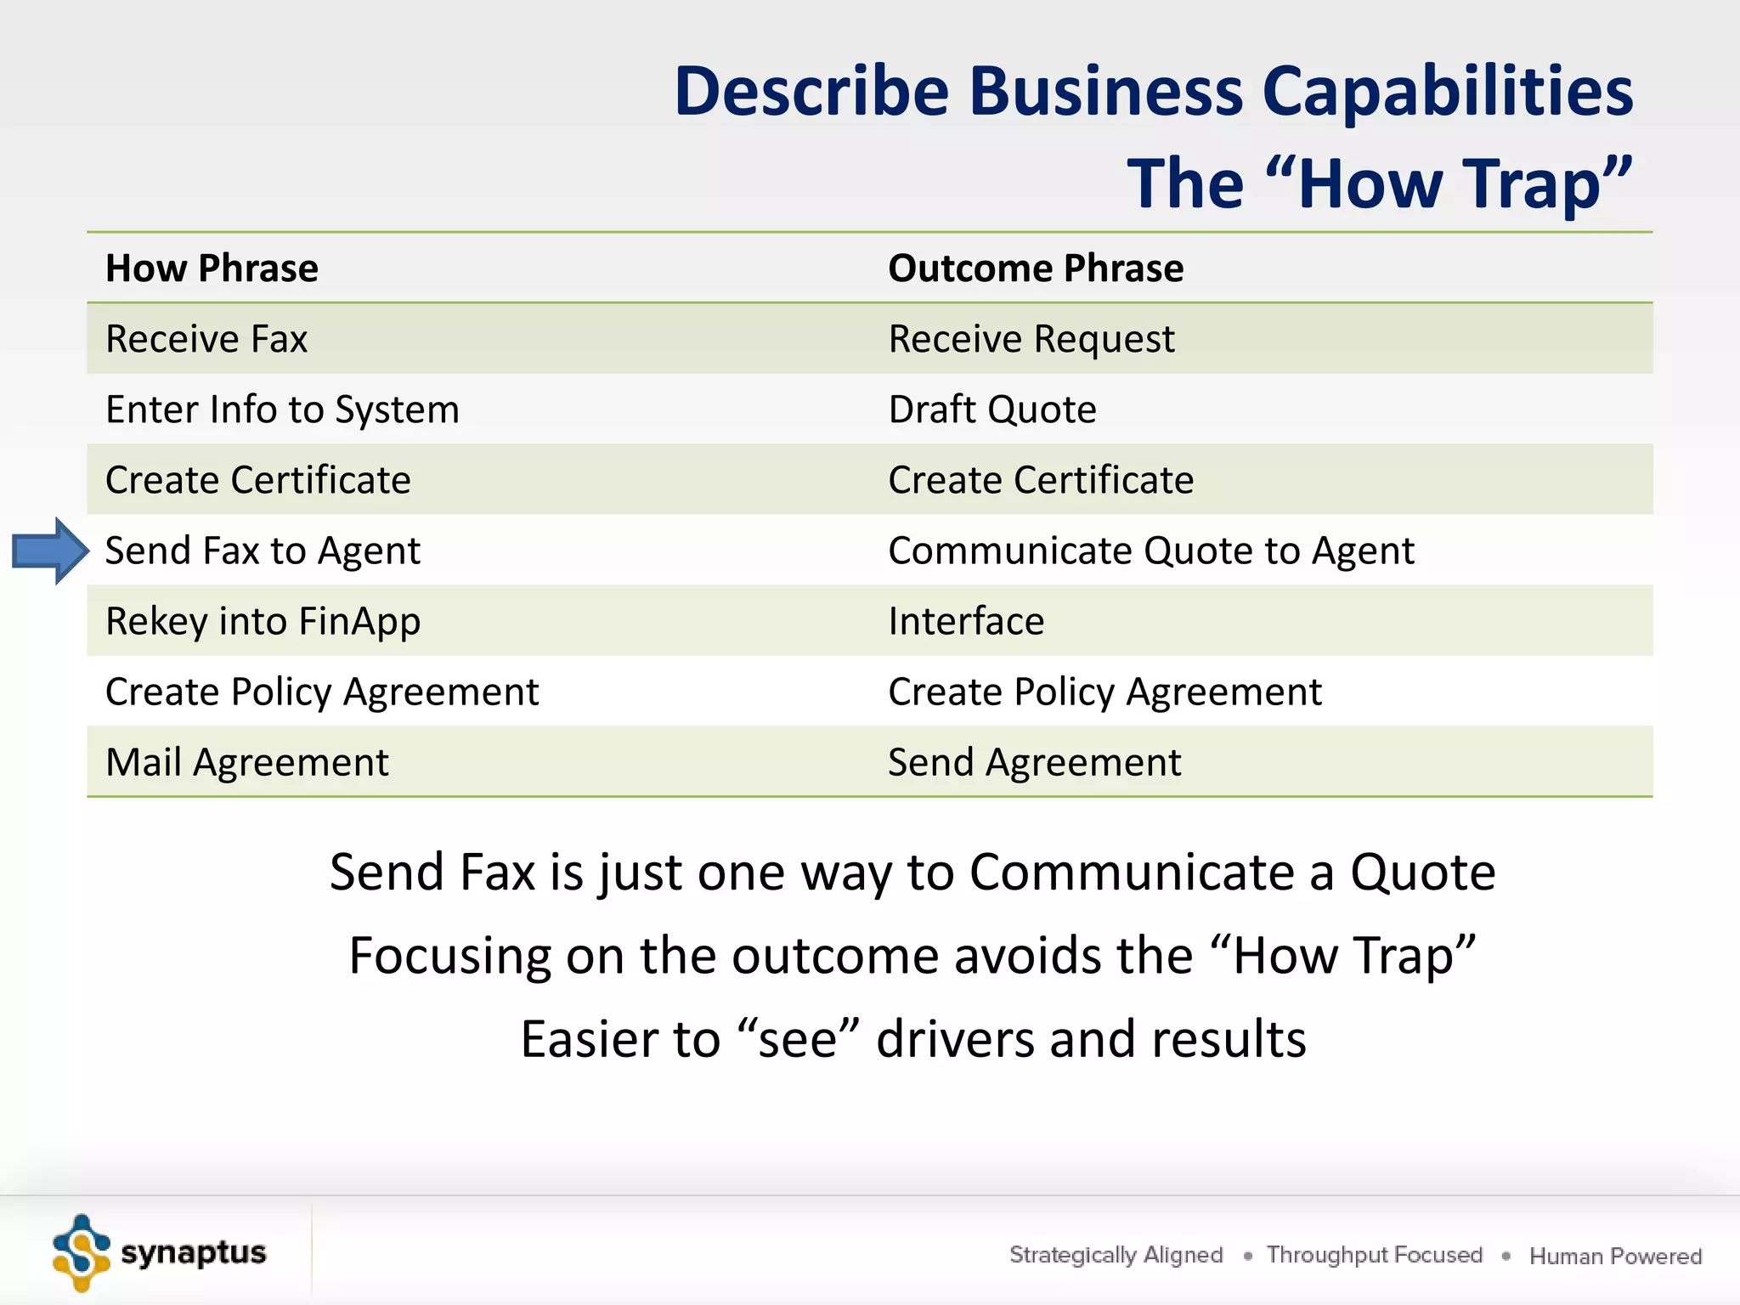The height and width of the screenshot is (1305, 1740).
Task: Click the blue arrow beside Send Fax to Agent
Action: tap(50, 551)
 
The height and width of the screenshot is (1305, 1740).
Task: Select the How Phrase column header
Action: tap(212, 268)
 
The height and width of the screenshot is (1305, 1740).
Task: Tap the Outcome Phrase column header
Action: tap(1035, 268)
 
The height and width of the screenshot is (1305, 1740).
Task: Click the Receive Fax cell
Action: tap(206, 339)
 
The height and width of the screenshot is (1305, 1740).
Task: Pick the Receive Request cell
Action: tap(1031, 339)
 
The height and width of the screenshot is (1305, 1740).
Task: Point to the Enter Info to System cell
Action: tap(282, 410)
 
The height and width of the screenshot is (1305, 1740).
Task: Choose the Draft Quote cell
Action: tap(991, 410)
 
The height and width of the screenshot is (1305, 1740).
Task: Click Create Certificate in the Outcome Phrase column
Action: tap(1040, 480)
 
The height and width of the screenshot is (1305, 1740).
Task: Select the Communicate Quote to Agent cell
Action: tap(1150, 551)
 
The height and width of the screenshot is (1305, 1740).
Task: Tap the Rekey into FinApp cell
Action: tap(263, 621)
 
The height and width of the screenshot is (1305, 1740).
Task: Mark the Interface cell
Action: tap(965, 621)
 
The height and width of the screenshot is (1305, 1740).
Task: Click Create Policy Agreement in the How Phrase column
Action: tap(322, 692)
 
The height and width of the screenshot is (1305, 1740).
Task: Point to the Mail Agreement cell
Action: tap(246, 762)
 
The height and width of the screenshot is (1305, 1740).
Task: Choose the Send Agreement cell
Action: tap(1034, 762)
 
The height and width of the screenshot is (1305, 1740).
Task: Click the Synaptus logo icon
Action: tap(81, 1253)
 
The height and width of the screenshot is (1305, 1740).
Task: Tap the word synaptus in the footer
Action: tap(194, 1252)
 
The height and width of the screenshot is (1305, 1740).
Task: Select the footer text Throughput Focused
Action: tap(1374, 1255)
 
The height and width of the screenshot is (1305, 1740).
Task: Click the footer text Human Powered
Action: tap(1615, 1256)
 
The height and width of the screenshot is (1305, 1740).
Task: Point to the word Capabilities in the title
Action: tap(1448, 91)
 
